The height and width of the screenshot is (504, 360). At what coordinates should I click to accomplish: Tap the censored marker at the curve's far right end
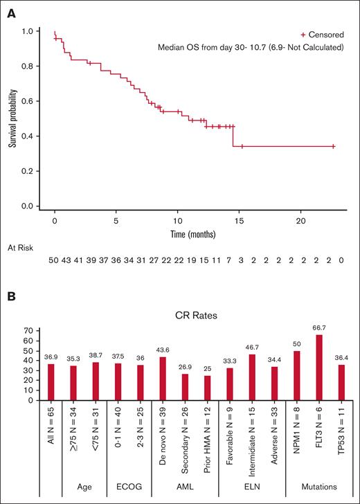(x=333, y=146)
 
